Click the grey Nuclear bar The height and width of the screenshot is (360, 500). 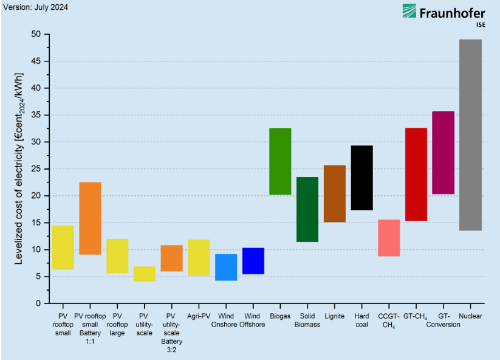click(470, 135)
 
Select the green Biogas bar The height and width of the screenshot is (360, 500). click(280, 161)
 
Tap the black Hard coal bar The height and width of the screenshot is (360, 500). click(361, 178)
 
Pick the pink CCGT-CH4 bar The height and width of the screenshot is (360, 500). click(389, 238)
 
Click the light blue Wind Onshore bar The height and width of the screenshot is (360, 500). click(226, 267)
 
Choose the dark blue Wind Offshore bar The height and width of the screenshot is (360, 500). click(253, 261)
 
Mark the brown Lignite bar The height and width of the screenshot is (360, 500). click(334, 193)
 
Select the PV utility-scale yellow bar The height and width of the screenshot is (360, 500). click(145, 274)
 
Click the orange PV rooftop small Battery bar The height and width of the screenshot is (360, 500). click(90, 218)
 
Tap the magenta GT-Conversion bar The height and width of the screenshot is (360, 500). click(443, 153)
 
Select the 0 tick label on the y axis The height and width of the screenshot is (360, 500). click(39, 303)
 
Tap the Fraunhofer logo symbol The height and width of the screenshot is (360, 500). click(409, 12)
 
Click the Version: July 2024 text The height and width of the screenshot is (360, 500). click(35, 7)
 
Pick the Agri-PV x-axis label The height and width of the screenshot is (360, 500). click(199, 316)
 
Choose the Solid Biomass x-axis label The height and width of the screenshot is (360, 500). click(307, 320)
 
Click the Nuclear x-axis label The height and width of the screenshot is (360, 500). click(470, 316)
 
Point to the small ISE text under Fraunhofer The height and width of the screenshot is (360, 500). click(480, 25)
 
